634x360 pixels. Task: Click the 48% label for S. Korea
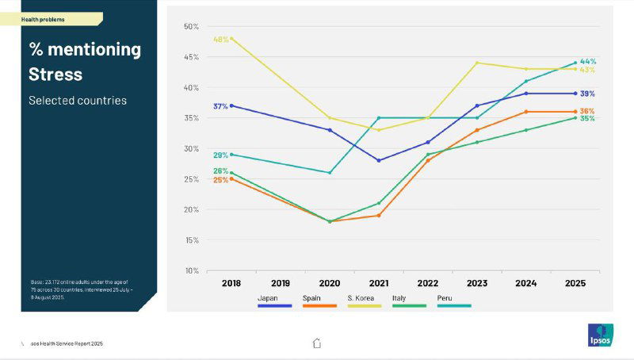tap(220, 39)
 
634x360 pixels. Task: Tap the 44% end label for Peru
tap(587, 61)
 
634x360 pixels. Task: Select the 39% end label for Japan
tap(587, 94)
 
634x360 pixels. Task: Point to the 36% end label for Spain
tap(587, 111)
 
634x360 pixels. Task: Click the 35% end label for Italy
tap(587, 119)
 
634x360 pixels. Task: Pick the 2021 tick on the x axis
tap(379, 282)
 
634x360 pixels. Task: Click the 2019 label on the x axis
tap(281, 282)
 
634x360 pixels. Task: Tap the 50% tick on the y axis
tap(191, 26)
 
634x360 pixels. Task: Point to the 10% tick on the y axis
tap(191, 270)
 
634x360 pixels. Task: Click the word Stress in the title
tap(55, 75)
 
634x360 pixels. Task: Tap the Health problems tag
tap(43, 19)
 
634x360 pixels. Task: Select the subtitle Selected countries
tap(78, 101)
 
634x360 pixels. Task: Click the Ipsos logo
tap(599, 335)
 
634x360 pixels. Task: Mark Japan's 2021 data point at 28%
tap(379, 160)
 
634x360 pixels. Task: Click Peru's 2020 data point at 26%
tap(330, 173)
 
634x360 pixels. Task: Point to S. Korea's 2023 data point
tap(477, 63)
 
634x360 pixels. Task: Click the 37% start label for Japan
tap(220, 106)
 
